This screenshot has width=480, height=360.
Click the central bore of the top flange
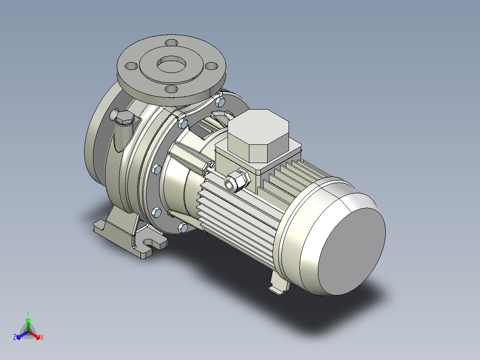171,65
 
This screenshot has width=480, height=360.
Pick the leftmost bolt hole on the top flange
131,66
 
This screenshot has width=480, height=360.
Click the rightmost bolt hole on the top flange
212,66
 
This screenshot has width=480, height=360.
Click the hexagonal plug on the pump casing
125,118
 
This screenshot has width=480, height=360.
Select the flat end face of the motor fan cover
352,252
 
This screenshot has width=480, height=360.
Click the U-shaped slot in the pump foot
148,241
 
